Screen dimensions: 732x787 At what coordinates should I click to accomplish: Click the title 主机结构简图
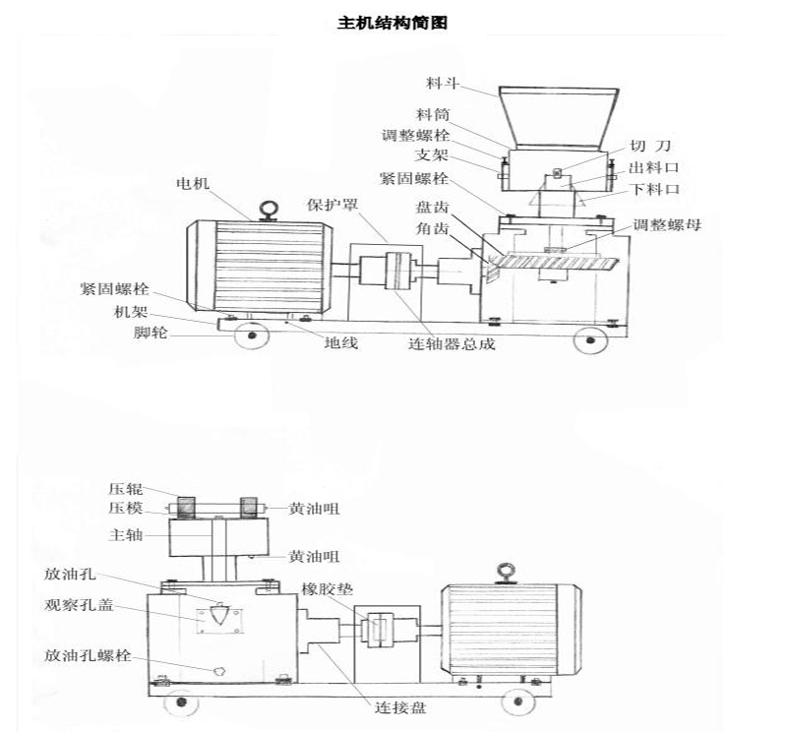pos(393,22)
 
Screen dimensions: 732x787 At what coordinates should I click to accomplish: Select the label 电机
pos(193,183)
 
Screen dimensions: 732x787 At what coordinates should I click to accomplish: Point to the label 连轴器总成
pos(452,345)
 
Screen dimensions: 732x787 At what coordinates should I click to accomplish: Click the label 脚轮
pos(151,335)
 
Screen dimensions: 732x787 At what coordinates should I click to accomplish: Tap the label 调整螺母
pos(667,224)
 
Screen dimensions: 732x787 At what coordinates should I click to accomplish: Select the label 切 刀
pos(649,146)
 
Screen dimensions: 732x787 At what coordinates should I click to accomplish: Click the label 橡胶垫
pos(328,588)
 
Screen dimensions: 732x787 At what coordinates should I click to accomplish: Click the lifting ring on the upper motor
pos(267,209)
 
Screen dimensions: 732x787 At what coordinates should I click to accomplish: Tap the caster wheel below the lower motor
pos(516,701)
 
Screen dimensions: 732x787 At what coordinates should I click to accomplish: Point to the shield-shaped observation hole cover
pos(218,617)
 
